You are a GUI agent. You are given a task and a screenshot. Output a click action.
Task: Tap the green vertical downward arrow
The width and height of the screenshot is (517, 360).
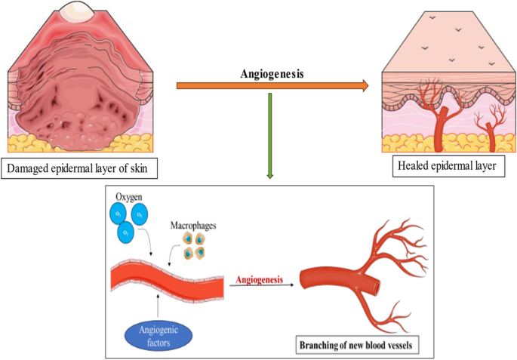point(269,136)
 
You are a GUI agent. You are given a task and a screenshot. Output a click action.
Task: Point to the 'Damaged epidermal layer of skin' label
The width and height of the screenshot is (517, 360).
point(82,169)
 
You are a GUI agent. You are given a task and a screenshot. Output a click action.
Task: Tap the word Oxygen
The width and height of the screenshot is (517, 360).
point(128,199)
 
